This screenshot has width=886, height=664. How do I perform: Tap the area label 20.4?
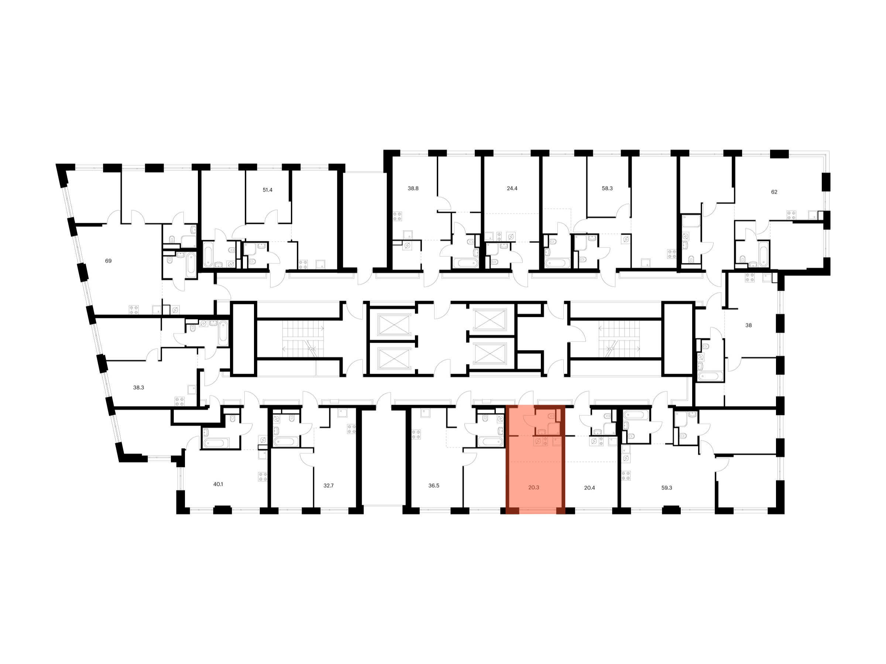point(589,488)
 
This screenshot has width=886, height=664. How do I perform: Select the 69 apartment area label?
point(108,260)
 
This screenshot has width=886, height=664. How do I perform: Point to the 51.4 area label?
point(267,190)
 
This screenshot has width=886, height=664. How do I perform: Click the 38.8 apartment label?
point(413,188)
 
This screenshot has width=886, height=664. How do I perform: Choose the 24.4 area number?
point(512,188)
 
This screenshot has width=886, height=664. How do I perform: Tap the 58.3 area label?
point(607,188)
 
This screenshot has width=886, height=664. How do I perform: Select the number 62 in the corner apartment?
point(774,192)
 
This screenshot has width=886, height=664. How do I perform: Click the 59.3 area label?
point(666,488)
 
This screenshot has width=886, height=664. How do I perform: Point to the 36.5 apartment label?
point(434,485)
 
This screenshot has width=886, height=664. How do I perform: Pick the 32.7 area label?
point(329,485)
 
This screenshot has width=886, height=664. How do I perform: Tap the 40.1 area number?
point(218,484)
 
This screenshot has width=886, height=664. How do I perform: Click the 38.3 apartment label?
point(138,387)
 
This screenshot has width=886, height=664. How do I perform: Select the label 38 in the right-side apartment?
point(748,325)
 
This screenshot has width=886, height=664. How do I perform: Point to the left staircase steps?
point(303,339)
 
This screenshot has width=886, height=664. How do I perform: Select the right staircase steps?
point(619,339)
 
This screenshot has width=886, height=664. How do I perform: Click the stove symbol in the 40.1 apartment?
point(263,476)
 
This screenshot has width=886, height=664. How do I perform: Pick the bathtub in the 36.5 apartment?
point(490,442)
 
